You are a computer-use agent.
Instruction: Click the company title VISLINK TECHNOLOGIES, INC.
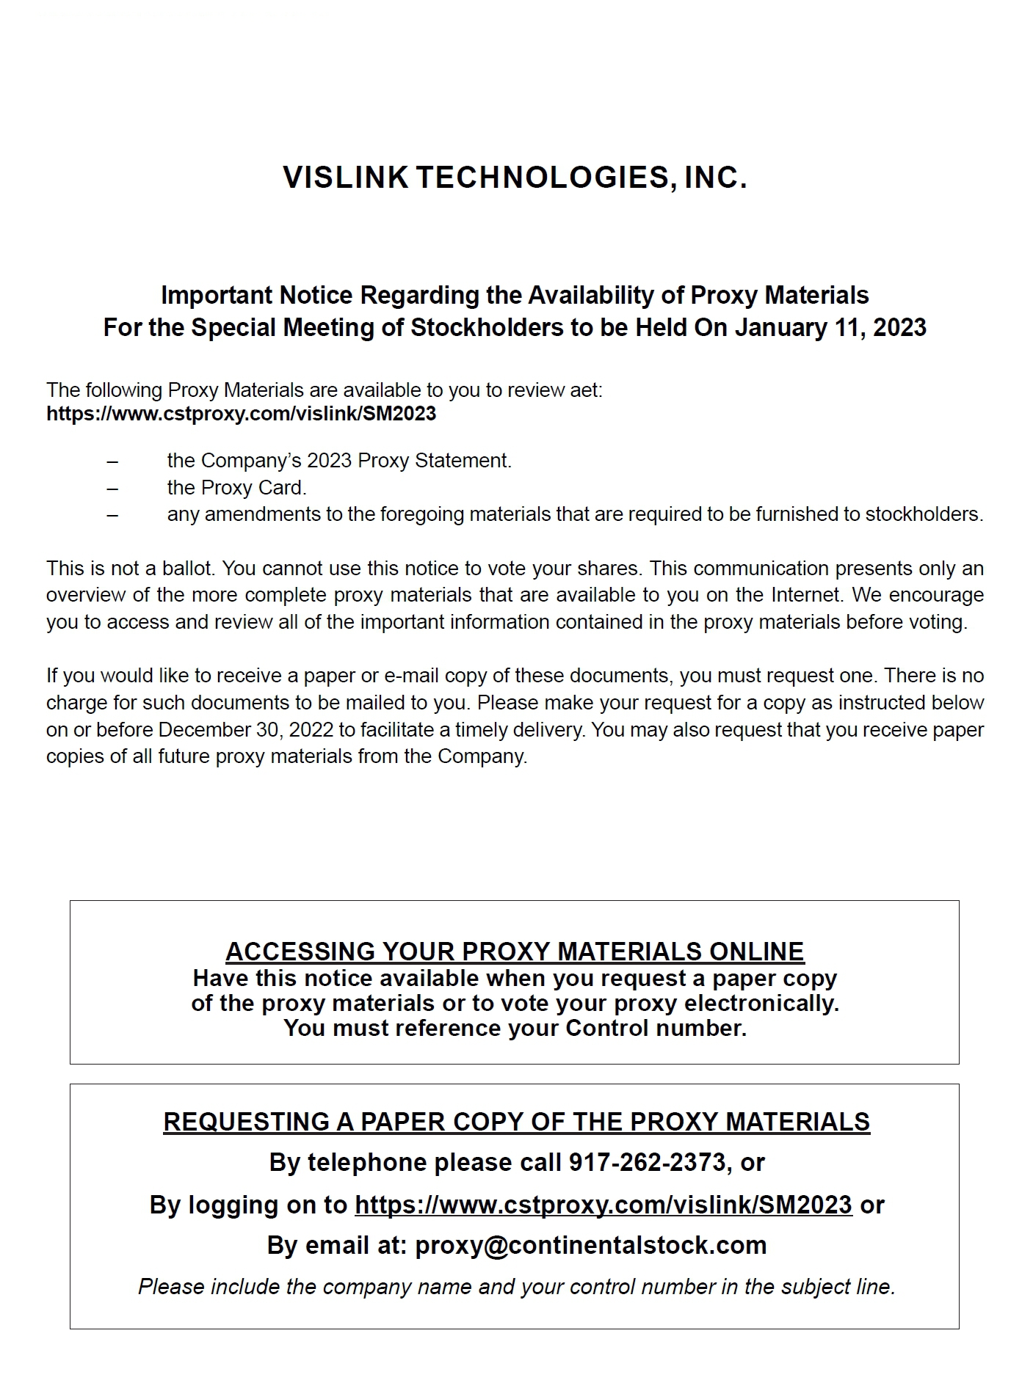(x=515, y=178)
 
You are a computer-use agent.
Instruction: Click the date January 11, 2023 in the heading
(x=830, y=327)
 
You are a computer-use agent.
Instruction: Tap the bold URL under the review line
(x=241, y=414)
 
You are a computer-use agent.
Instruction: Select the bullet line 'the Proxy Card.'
(x=236, y=488)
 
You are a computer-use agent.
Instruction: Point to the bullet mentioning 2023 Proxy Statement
(x=339, y=461)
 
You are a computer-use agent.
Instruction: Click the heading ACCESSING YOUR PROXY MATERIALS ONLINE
(x=515, y=952)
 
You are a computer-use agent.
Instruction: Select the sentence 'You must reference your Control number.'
(x=515, y=1029)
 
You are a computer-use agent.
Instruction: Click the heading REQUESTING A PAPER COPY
(x=516, y=1122)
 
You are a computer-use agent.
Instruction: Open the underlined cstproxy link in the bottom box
(x=603, y=1205)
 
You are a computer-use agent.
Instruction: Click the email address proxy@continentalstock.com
(x=590, y=1245)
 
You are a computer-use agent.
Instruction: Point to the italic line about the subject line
(x=516, y=1286)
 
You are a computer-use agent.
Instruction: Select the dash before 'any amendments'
(x=112, y=515)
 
